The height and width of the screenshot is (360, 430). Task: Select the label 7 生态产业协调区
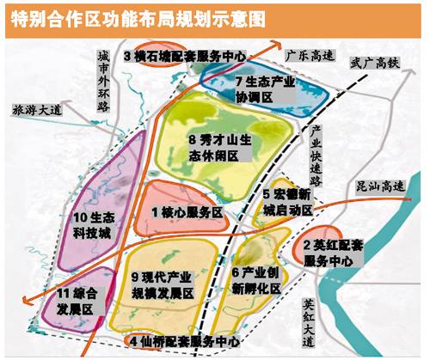264,90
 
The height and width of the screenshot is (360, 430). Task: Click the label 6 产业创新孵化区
259,282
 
